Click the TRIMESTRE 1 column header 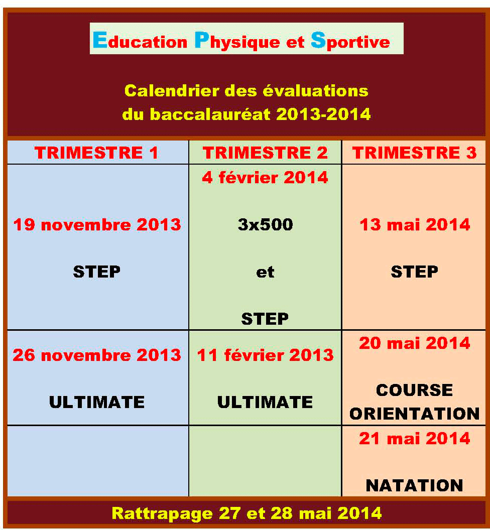(x=96, y=153)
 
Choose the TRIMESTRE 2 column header (x=265, y=153)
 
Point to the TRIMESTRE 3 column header (x=414, y=153)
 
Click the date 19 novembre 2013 (x=97, y=225)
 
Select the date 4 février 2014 (x=265, y=178)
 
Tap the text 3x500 (x=265, y=225)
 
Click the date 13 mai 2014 (x=415, y=225)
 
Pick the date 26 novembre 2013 (x=97, y=355)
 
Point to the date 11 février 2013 (x=265, y=355)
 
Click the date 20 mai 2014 (x=415, y=343)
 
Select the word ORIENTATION (x=415, y=414)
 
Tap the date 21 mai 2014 (x=415, y=438)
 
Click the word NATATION (x=415, y=486)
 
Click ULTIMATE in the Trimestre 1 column (x=97, y=402)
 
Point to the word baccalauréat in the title (x=210, y=114)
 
